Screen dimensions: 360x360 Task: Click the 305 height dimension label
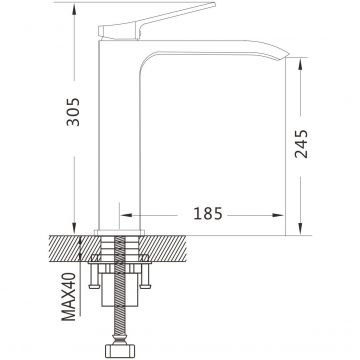[x=73, y=112]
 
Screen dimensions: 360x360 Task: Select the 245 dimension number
[x=301, y=144]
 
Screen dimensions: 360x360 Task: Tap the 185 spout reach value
[x=208, y=214]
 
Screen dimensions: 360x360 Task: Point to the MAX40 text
[x=69, y=296]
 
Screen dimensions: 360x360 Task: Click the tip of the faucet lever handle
[x=215, y=4]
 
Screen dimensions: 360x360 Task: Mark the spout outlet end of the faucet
[x=285, y=56]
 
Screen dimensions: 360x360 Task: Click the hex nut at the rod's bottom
[x=120, y=351]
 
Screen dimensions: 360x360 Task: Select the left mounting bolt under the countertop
[x=93, y=272]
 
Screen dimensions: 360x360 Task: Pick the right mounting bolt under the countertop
[x=145, y=272]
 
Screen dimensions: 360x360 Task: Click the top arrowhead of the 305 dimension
[x=74, y=9]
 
